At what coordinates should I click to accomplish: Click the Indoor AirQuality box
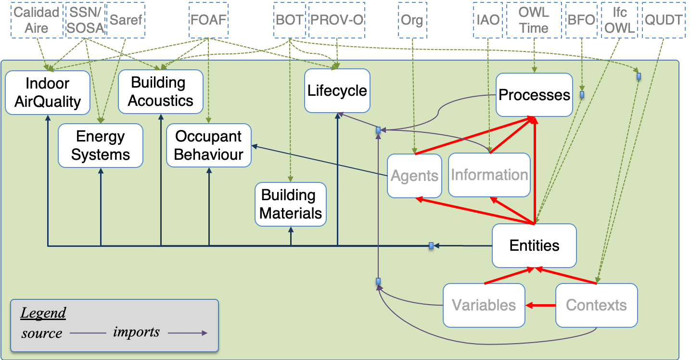(x=48, y=92)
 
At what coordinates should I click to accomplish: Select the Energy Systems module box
(x=101, y=145)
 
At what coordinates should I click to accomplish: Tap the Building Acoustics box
(x=161, y=91)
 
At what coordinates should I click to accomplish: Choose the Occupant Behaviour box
(x=208, y=145)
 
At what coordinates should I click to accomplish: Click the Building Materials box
(x=290, y=204)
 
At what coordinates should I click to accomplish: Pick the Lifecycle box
(x=337, y=90)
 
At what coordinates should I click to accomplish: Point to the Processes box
(x=534, y=95)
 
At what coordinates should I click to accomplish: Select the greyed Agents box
(x=414, y=176)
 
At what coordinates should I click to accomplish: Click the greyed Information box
(x=489, y=175)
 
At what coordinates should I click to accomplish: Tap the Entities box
(x=534, y=245)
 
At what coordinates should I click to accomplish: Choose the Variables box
(x=484, y=305)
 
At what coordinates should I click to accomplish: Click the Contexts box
(x=596, y=305)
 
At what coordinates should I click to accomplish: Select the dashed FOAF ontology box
(x=208, y=20)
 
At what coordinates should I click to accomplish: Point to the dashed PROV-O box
(x=336, y=20)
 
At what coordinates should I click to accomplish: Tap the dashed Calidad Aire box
(x=37, y=20)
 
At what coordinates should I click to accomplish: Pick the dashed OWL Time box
(x=534, y=20)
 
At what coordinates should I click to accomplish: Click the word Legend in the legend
(x=43, y=313)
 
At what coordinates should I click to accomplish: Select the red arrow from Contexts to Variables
(x=540, y=305)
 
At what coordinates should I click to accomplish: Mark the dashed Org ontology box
(x=412, y=20)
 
